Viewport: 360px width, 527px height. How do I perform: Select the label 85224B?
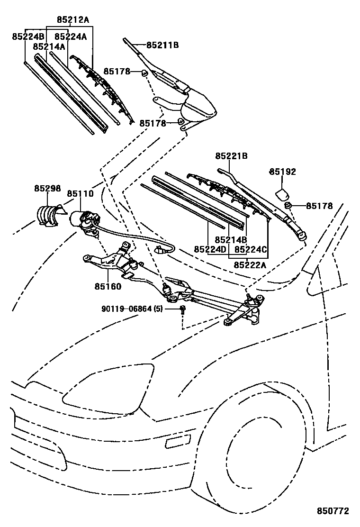click(x=28, y=36)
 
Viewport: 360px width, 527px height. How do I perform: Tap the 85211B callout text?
click(x=162, y=45)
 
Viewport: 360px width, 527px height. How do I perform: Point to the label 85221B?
click(x=232, y=156)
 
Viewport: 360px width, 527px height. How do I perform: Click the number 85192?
click(x=283, y=172)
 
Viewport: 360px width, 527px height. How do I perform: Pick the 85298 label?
click(x=47, y=188)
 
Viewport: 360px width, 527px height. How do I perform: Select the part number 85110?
click(x=80, y=194)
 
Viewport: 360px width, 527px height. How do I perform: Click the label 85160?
click(x=108, y=286)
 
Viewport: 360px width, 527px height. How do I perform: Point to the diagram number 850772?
click(x=333, y=511)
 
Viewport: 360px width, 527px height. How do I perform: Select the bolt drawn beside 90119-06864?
click(x=183, y=309)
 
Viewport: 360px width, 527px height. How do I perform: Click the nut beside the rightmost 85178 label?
click(x=288, y=206)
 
